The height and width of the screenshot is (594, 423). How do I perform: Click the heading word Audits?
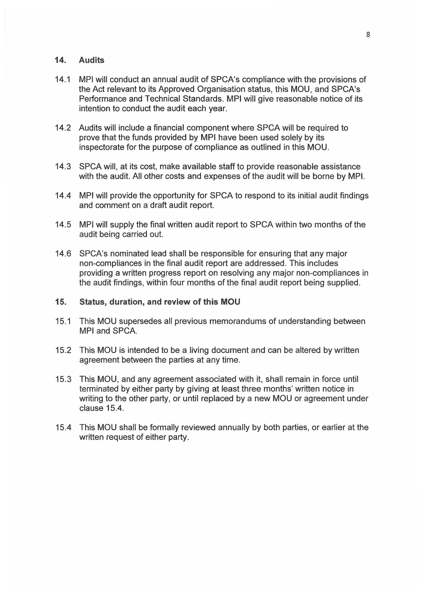[91, 60]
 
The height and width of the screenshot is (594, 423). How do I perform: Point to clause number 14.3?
[63, 167]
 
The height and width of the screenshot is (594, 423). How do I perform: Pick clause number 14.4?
[63, 196]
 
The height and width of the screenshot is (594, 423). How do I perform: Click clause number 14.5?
[63, 224]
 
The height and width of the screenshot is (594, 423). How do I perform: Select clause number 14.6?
[63, 254]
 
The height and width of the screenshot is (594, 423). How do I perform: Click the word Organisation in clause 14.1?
[221, 89]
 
